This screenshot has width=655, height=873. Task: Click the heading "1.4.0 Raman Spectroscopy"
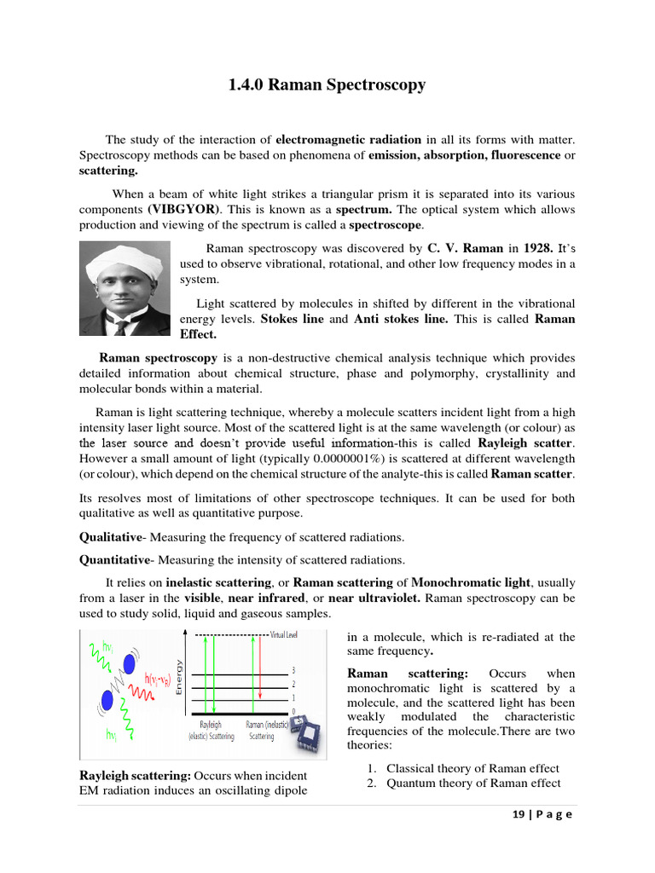click(327, 86)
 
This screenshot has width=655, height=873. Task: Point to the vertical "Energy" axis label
click(179, 677)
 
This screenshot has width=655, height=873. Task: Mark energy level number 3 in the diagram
click(294, 671)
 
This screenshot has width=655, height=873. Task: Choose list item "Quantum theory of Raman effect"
click(473, 783)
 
